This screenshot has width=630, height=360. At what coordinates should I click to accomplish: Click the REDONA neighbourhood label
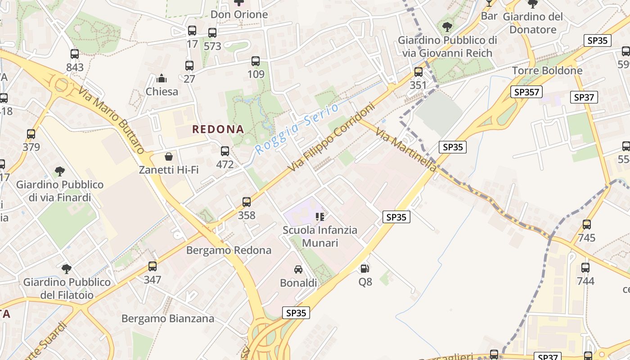(218, 130)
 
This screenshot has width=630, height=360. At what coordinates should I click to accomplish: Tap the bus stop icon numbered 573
(212, 33)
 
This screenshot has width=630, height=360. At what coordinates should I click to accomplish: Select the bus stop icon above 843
(75, 54)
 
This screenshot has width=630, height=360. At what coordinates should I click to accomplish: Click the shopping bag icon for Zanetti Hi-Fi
(169, 157)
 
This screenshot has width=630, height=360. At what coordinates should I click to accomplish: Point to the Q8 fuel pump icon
(365, 269)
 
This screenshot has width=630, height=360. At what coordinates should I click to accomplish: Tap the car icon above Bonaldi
(298, 270)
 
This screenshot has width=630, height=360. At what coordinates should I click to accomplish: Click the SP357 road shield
(527, 92)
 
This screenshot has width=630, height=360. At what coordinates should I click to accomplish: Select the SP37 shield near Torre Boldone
(584, 97)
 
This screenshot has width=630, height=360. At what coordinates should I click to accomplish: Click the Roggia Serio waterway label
(297, 129)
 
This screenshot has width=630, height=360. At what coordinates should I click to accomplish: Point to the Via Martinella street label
(405, 150)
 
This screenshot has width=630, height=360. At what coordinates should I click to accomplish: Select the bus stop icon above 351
(418, 72)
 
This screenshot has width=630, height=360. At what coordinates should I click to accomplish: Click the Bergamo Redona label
(229, 250)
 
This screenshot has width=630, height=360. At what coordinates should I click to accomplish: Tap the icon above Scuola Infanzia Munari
(320, 217)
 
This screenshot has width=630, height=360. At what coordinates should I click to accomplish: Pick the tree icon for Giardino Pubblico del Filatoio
(67, 269)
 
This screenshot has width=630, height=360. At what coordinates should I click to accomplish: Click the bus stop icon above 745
(587, 225)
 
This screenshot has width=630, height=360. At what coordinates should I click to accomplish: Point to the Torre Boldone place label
(547, 71)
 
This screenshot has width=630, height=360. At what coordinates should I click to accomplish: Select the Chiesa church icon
(162, 79)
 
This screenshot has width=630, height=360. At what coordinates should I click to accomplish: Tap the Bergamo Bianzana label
(168, 319)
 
